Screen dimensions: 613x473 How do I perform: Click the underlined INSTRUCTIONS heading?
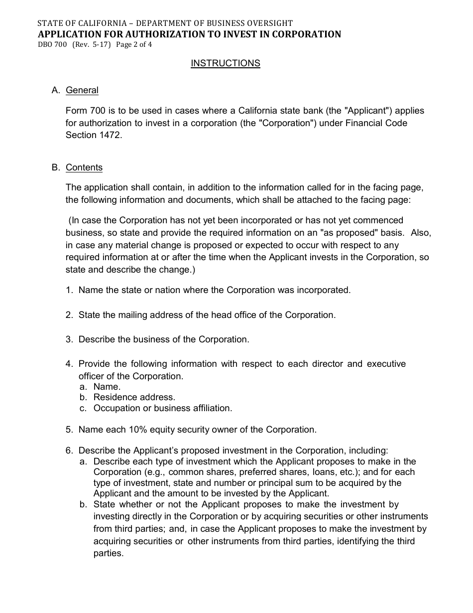[226, 63]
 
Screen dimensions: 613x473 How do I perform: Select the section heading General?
[82, 90]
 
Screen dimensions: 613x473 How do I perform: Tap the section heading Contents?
[84, 167]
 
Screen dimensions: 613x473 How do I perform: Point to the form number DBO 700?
[52, 44]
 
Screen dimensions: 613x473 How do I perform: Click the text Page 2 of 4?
[134, 44]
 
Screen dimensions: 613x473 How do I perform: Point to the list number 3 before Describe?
[69, 339]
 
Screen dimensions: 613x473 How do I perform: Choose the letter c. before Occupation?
[83, 408]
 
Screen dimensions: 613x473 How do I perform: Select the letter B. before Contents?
[56, 167]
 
